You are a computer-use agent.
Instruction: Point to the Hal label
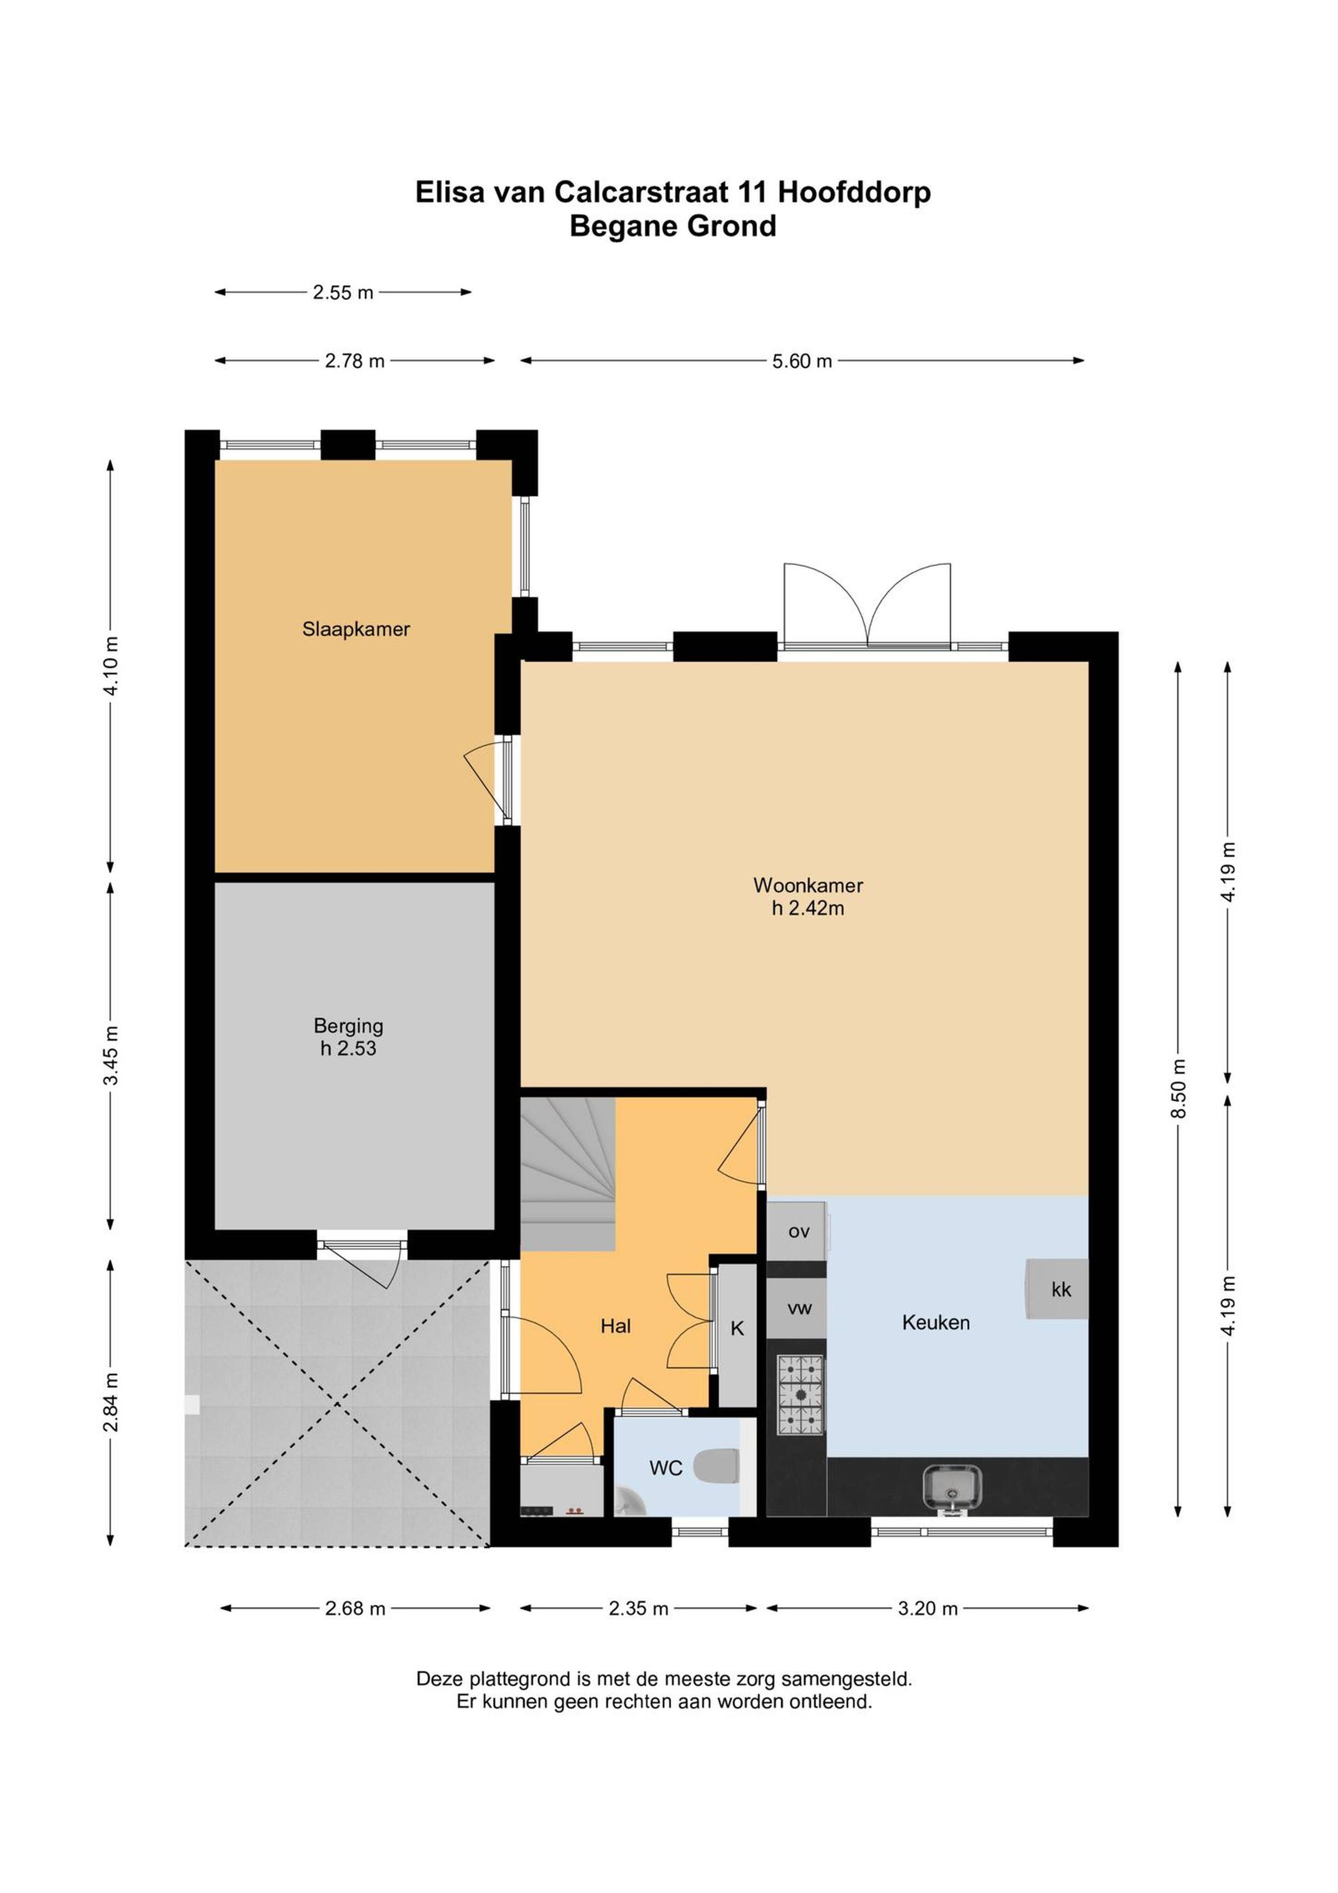point(616,1326)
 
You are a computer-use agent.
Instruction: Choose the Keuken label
point(936,1322)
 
